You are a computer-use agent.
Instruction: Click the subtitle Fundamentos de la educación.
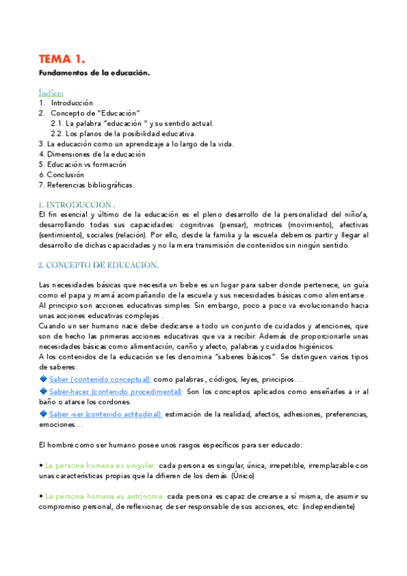(x=94, y=72)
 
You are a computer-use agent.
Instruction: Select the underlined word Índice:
(x=51, y=92)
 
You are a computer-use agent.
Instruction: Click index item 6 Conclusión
(x=69, y=174)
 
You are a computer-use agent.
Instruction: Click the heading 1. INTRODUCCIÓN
(x=77, y=204)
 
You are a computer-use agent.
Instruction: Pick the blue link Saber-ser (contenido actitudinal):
(x=105, y=414)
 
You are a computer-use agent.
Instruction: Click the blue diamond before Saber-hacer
(x=43, y=391)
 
